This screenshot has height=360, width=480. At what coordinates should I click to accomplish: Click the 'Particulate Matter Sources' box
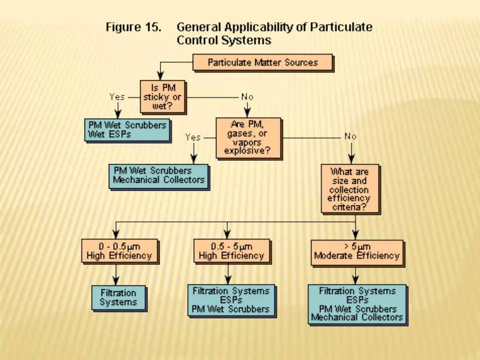(x=262, y=62)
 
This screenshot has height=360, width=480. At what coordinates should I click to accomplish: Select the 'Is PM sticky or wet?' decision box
(x=163, y=97)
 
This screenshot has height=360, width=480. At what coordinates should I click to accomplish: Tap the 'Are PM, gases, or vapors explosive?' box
(x=248, y=138)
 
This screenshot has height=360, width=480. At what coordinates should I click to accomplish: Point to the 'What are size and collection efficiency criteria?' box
(x=350, y=188)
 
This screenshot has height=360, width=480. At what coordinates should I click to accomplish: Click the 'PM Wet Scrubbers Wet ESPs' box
(x=127, y=130)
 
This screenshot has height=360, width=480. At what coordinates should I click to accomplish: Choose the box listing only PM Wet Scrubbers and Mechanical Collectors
(x=158, y=176)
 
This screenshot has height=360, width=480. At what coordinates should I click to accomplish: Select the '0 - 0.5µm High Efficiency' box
(x=120, y=251)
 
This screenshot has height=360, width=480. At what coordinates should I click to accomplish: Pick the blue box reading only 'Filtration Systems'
(x=119, y=298)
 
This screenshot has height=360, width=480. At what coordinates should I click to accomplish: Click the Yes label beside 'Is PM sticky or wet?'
(x=117, y=97)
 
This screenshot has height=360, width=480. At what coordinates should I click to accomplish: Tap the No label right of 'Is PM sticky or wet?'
(x=247, y=97)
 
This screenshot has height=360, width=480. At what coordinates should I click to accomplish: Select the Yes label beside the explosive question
(x=193, y=137)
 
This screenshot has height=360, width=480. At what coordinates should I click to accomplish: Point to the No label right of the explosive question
(x=351, y=136)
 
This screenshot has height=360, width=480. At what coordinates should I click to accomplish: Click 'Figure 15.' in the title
(x=134, y=27)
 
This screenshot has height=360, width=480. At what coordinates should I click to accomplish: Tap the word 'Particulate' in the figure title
(x=341, y=27)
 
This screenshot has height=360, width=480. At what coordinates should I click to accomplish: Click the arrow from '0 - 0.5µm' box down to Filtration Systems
(x=116, y=274)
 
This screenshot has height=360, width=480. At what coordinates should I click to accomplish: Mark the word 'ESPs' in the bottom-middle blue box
(x=231, y=300)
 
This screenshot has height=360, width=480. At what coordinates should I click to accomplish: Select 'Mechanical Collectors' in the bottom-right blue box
(x=357, y=317)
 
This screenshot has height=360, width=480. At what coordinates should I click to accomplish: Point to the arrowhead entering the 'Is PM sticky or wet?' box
(x=160, y=76)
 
